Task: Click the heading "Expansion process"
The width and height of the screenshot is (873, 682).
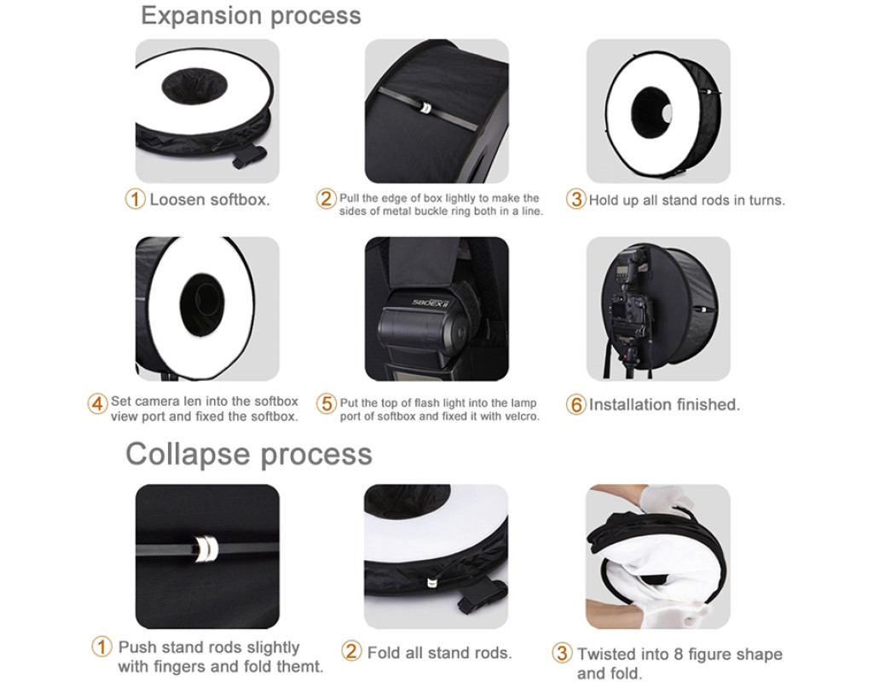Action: click(251, 15)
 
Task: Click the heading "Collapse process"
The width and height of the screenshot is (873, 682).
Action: click(248, 454)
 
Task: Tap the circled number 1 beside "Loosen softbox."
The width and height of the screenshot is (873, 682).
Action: click(135, 199)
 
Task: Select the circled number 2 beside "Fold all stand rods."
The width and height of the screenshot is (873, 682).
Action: click(351, 650)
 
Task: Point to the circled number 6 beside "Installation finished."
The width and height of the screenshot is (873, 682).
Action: click(575, 404)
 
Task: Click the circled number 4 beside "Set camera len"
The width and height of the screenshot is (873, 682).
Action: click(97, 403)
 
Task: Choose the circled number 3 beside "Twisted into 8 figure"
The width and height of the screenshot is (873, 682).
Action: click(562, 653)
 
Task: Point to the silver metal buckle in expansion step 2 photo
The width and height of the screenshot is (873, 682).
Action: click(425, 107)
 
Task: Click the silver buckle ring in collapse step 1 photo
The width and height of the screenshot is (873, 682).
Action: click(206, 548)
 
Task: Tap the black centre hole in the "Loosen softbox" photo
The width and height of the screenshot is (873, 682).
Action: click(194, 87)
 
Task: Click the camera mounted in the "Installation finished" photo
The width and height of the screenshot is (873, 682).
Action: click(631, 309)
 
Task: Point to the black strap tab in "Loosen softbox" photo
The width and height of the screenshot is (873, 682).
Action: click(250, 157)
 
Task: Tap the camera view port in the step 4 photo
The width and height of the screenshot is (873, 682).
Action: click(202, 305)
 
